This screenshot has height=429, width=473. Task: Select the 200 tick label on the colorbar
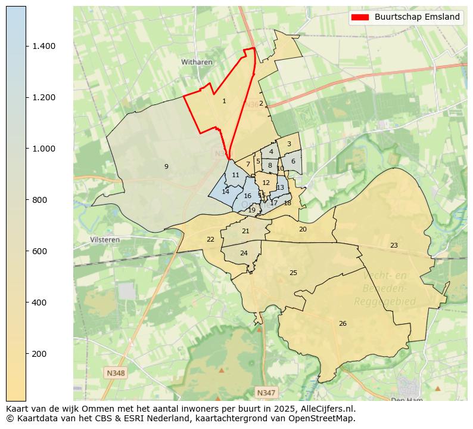39,354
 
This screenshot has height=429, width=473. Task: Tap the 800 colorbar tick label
39,200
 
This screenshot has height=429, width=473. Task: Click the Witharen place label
197,62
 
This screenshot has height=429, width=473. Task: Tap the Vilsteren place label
105,240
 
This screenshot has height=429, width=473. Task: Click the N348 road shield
116,373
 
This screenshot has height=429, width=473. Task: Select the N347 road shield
266,392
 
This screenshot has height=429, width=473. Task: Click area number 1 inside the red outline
224,101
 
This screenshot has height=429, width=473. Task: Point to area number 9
166,166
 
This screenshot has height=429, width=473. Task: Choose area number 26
343,324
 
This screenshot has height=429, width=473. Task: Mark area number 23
394,245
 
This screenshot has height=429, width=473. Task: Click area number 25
293,273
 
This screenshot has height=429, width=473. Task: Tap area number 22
210,240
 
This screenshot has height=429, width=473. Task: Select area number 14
225,192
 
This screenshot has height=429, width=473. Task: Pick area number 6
293,161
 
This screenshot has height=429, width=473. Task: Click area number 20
303,230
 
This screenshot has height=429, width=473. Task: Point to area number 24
244,254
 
